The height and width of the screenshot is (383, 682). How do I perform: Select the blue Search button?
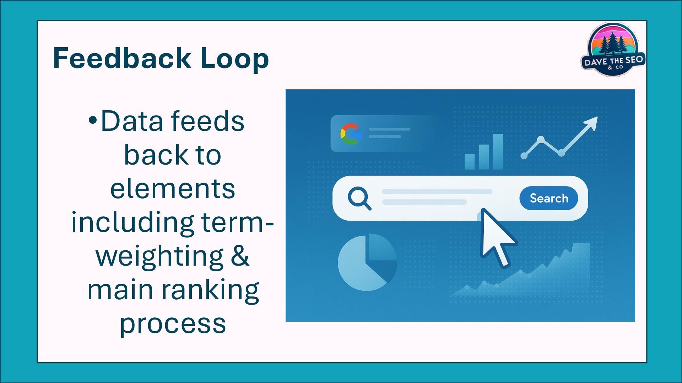(548, 198)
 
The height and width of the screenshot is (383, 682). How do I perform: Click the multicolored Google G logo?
(351, 134)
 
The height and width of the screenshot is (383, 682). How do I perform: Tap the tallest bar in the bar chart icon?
(498, 151)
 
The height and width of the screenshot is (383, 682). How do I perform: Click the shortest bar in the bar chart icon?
(470, 161)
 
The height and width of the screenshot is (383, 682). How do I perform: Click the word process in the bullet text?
(173, 323)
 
